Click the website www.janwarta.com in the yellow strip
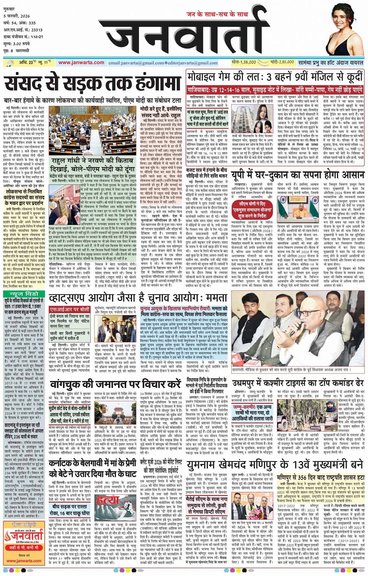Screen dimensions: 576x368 (x=81, y=62)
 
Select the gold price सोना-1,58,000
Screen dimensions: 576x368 (x=244, y=62)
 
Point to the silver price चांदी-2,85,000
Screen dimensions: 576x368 (x=282, y=62)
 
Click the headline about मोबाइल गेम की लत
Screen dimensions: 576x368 (x=275, y=77)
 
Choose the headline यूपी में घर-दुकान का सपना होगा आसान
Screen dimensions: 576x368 (x=298, y=176)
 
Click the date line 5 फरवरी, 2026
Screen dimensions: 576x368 (x=17, y=16)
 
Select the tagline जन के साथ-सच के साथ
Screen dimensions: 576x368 (x=217, y=14)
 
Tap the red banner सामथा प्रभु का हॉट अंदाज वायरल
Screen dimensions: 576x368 (x=331, y=62)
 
